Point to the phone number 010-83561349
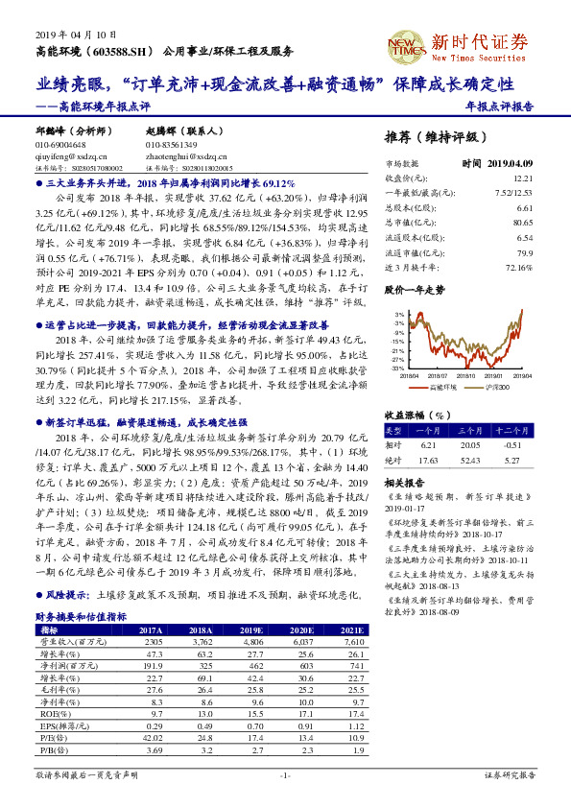[177, 144]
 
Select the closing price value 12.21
[523, 178]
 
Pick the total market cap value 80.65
[523, 221]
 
